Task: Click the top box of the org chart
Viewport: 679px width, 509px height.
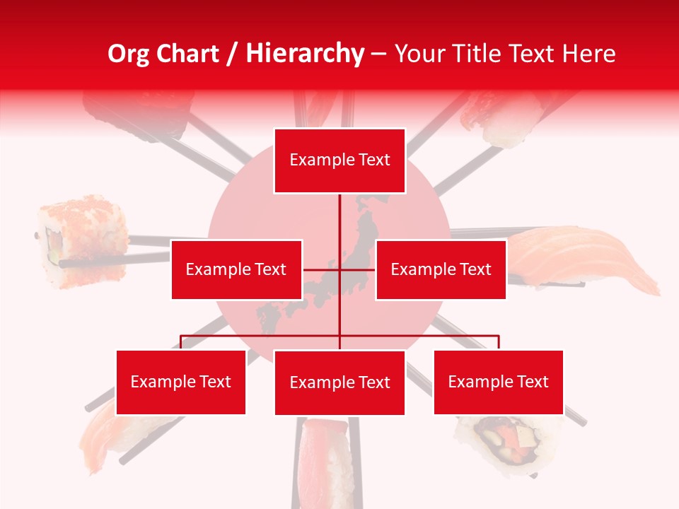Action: click(x=339, y=160)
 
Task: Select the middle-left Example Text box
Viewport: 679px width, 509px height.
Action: click(x=236, y=269)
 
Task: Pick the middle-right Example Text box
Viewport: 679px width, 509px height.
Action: click(x=441, y=269)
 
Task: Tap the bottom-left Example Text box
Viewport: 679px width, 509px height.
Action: click(x=181, y=382)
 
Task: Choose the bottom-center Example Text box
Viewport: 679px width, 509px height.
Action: click(x=339, y=382)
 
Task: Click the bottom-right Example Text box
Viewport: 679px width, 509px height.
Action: click(x=498, y=382)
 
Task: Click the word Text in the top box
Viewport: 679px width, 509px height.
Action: click(x=375, y=160)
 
